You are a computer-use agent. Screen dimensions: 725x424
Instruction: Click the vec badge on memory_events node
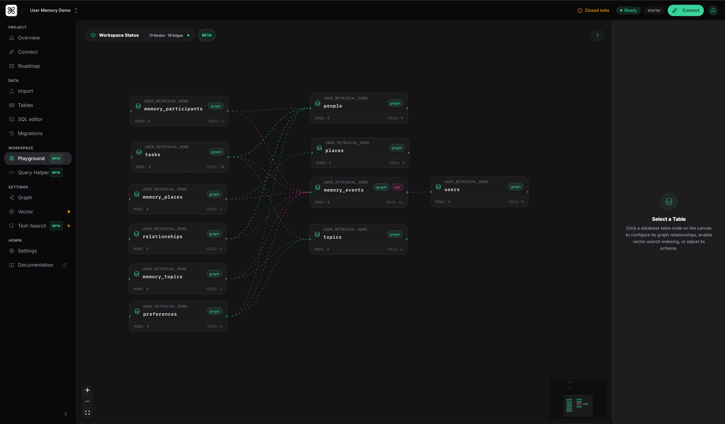point(397,187)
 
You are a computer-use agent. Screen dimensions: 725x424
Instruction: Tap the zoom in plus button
point(87,390)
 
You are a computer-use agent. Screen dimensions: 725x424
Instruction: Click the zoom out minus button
point(87,401)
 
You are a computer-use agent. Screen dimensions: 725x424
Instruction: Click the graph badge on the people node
point(395,103)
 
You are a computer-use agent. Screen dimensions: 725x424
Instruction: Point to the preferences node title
point(160,314)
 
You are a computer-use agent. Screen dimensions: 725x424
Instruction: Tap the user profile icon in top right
point(713,10)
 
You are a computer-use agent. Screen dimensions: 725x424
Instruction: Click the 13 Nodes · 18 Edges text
point(166,35)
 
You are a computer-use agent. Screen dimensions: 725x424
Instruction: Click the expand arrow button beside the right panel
point(597,35)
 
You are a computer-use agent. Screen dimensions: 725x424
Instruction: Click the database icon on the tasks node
point(139,152)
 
